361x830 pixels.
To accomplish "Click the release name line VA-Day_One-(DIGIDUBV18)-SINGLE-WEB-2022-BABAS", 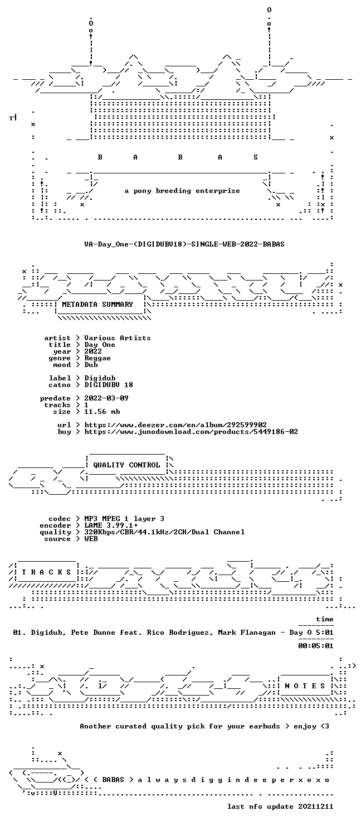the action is click(184, 244).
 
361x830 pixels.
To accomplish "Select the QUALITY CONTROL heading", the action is click(126, 465).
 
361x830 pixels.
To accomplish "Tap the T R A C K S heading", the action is click(46, 572).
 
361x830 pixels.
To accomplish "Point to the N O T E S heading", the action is click(304, 686).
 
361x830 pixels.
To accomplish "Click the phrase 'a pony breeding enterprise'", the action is click(182, 191).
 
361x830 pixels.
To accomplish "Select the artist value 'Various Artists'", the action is click(118, 338).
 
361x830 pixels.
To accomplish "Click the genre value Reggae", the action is click(97, 358).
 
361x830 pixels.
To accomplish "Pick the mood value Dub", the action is click(91, 365).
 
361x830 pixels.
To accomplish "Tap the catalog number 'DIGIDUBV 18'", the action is click(109, 385).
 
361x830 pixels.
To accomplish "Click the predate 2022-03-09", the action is click(106, 398).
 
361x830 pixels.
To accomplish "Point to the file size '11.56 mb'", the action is click(102, 411).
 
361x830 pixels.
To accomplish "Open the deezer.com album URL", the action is click(175, 424).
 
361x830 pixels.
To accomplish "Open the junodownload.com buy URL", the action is click(191, 431).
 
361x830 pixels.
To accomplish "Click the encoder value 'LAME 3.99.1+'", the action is click(111, 525).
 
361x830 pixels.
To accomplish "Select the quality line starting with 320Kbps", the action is click(164, 532).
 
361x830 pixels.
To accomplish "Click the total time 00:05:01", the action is click(316, 645).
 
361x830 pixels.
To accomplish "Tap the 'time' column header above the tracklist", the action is click(325, 619).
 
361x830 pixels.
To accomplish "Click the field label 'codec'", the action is click(59, 519).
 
